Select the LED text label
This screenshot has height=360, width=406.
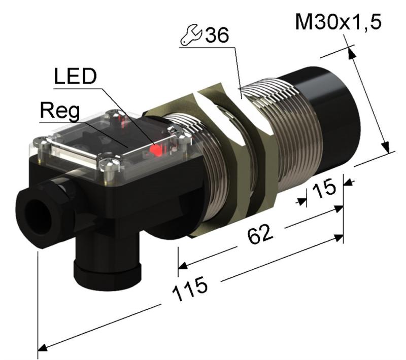pyautogui.click(x=75, y=77)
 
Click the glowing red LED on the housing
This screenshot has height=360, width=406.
pyautogui.click(x=157, y=149)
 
